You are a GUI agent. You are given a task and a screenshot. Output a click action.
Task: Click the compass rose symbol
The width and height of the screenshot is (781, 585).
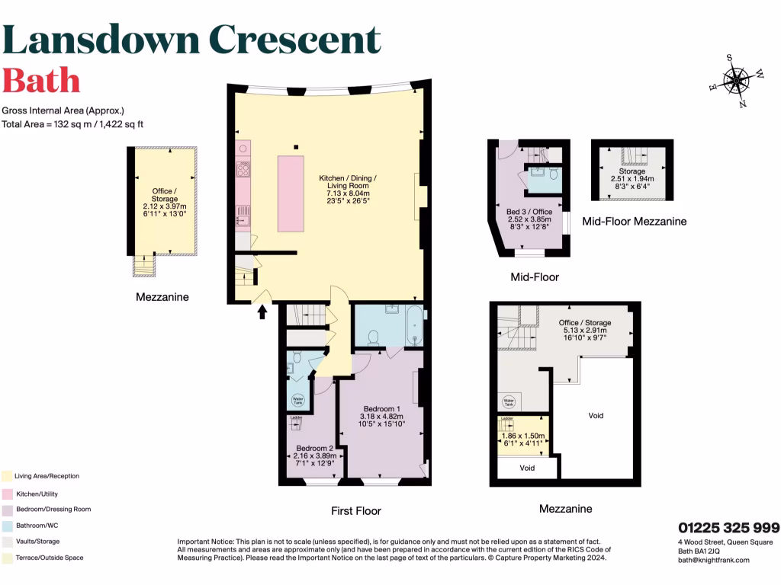click(737, 80)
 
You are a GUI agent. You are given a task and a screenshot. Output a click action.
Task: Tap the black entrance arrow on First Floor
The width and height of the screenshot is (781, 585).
click(263, 311)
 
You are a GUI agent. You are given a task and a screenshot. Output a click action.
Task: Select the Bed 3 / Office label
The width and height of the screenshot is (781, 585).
click(529, 211)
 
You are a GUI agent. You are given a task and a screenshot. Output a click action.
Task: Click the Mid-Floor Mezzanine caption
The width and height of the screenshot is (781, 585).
click(634, 222)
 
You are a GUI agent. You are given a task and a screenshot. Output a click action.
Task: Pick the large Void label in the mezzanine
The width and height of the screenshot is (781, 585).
click(596, 416)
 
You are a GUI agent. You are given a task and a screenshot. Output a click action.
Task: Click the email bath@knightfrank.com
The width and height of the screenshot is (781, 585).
click(713, 560)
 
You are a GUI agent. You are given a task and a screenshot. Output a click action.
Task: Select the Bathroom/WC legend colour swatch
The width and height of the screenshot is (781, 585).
click(6, 526)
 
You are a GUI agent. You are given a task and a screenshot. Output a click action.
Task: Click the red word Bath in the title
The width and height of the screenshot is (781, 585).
click(41, 80)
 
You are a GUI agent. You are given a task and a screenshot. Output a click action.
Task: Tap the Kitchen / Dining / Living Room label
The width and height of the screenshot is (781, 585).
click(347, 186)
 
